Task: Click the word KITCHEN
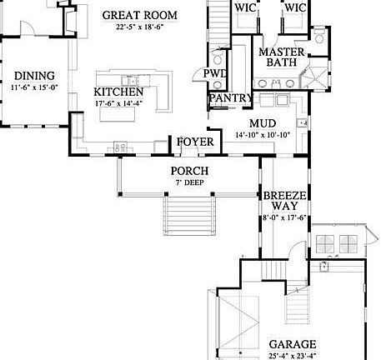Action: point(118,92)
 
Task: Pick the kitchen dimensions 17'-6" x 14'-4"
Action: point(118,103)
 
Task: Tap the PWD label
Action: point(216,74)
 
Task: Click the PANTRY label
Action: point(230,98)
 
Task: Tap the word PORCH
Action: point(189,172)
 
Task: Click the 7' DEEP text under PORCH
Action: point(189,182)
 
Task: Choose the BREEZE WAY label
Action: point(285,202)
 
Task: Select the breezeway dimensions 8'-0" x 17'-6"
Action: point(285,218)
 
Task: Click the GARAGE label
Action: point(292,343)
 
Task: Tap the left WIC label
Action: point(245,7)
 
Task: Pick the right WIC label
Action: point(295,7)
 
